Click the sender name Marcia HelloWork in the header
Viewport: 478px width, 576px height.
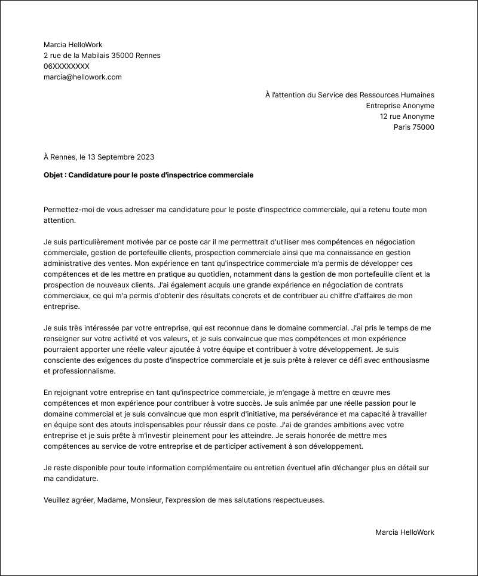point(73,45)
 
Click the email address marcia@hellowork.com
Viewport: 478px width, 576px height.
point(82,77)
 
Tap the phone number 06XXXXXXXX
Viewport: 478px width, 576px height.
point(66,66)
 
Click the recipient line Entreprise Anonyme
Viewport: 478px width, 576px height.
point(400,106)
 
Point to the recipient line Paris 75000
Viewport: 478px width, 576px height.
point(413,127)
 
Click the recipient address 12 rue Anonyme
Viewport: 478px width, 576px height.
point(407,117)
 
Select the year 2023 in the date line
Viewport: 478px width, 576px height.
point(145,157)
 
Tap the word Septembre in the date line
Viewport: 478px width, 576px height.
point(116,157)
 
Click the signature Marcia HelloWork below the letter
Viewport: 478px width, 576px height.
point(405,532)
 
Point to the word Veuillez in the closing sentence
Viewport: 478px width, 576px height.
point(57,500)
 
